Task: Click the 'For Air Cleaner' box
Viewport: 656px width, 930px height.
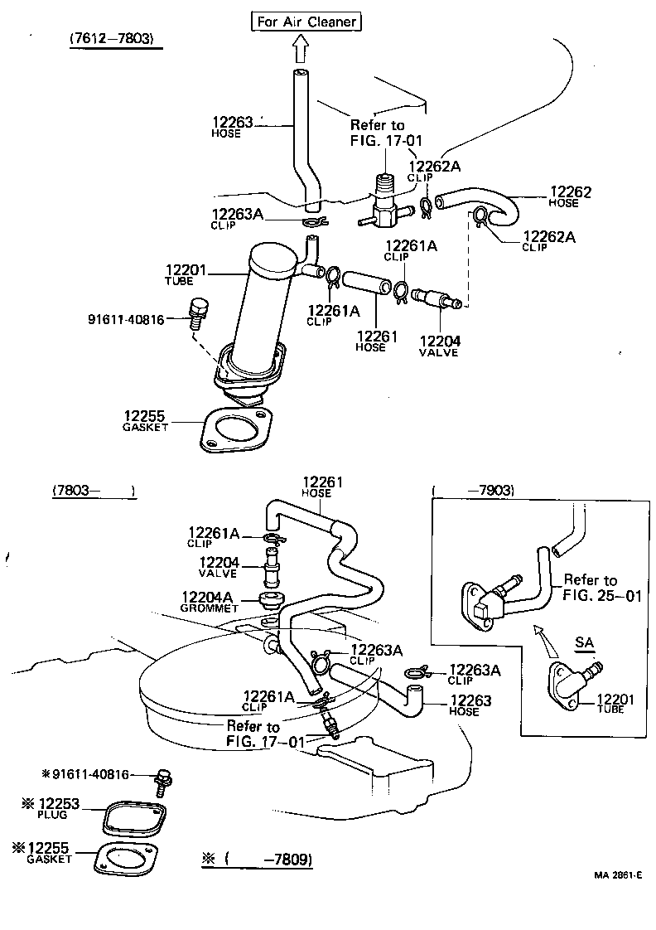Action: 306,22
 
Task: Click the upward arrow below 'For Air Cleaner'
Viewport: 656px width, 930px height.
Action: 301,51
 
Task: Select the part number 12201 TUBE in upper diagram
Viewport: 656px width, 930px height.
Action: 181,274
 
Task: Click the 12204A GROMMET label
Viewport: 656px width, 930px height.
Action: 210,600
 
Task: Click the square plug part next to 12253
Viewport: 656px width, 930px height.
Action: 133,816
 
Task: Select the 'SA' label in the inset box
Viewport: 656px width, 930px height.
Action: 584,642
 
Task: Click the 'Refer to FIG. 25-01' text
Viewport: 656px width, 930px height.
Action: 601,587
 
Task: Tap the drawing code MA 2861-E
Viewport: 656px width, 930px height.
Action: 616,875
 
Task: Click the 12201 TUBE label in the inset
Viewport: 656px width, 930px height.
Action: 615,704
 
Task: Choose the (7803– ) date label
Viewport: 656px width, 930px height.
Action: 93,491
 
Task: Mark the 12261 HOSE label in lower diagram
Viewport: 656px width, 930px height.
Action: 321,487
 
